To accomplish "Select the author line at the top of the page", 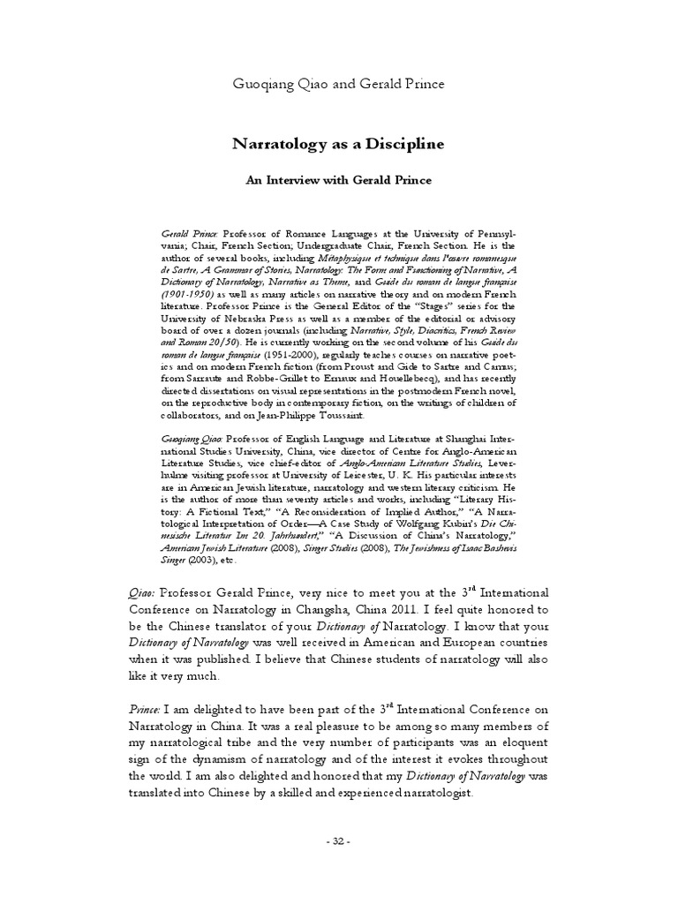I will (x=338, y=84).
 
